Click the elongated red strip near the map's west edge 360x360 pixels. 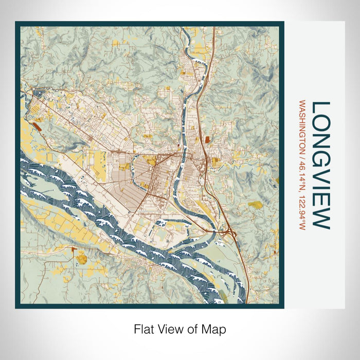(x=38, y=124)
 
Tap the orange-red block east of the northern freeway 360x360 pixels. (x=207, y=139)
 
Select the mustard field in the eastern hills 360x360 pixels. (x=256, y=205)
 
